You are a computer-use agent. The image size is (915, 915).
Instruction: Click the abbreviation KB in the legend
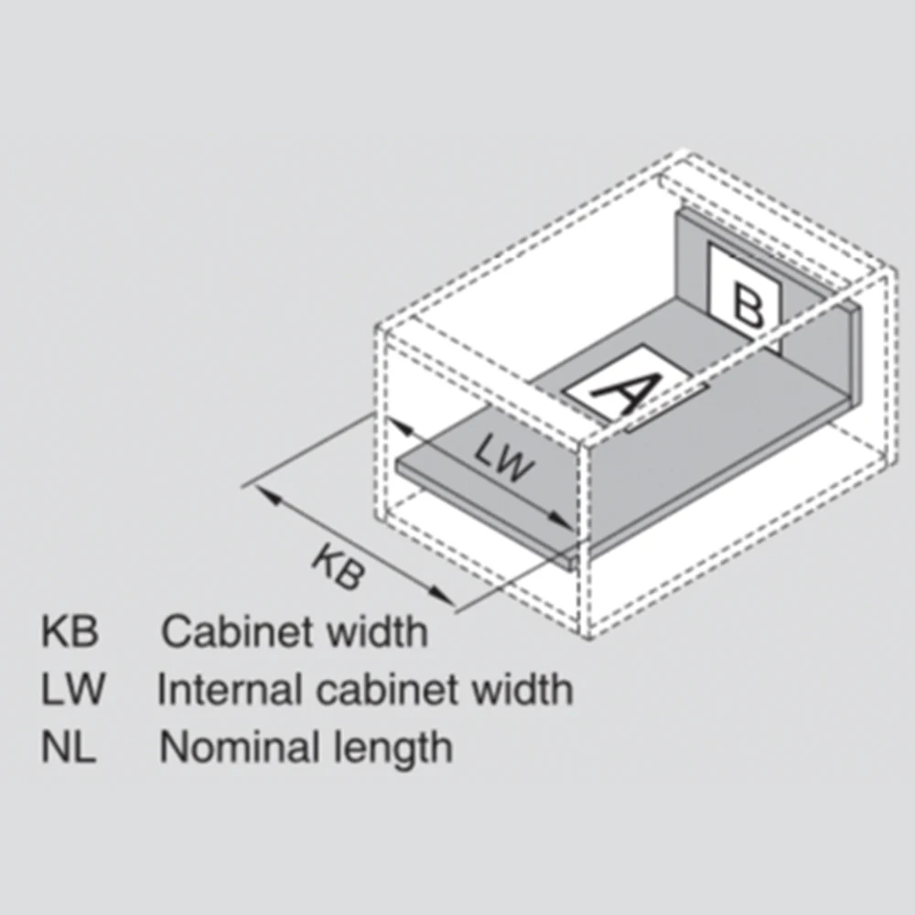[x=69, y=632]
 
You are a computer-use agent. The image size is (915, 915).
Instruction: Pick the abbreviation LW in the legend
[x=70, y=689]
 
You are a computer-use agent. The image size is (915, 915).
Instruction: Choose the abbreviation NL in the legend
[x=67, y=747]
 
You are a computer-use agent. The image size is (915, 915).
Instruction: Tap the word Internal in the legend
[x=231, y=689]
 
